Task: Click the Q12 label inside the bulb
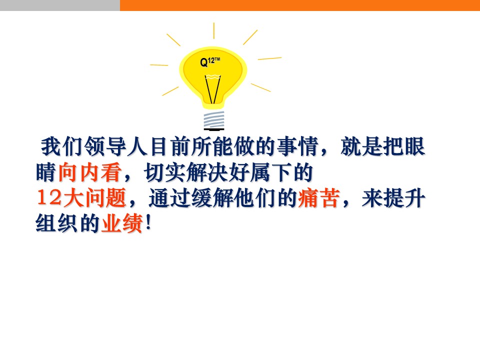point(210,62)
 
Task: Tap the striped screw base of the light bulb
point(214,120)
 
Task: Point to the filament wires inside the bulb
point(213,89)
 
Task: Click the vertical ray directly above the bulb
point(213,30)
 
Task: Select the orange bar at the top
point(300,5)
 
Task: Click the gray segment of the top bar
point(60,5)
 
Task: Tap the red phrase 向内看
point(89,172)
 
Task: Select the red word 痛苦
point(319,198)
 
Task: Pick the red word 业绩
point(122,223)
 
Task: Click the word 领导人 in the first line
point(116,146)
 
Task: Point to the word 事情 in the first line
point(297,146)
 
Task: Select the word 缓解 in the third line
point(212,198)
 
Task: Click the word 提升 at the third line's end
point(404,198)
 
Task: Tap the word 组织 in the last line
point(56,223)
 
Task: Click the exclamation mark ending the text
point(148,222)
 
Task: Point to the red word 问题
point(105,198)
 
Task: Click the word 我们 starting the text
point(62,146)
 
